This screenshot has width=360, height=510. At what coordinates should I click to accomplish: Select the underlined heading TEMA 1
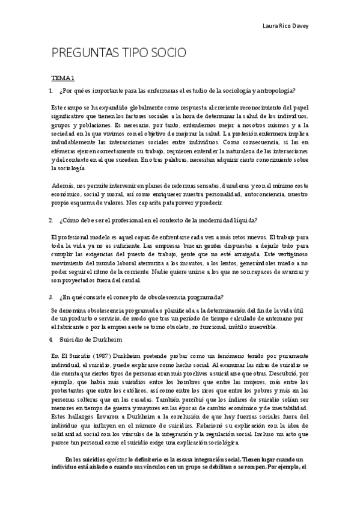click(x=62, y=78)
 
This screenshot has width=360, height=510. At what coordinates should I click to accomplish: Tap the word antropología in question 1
click(x=276, y=90)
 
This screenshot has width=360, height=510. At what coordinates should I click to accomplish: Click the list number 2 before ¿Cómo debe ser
click(x=51, y=220)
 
